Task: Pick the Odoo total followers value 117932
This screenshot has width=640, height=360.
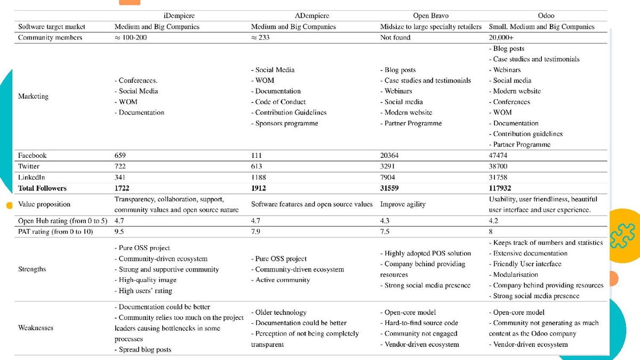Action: [503, 188]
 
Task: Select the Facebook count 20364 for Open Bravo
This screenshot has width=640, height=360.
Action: [389, 156]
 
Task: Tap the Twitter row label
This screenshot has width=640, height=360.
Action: [30, 166]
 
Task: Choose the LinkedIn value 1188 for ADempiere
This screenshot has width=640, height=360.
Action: [258, 177]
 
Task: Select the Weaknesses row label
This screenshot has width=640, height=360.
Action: [36, 328]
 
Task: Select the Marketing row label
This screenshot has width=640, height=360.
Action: [33, 97]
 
